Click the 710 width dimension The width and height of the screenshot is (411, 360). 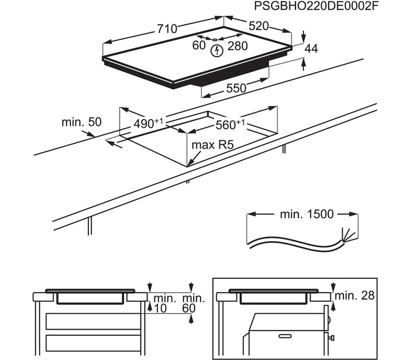[167, 29]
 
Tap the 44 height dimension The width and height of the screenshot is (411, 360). [311, 49]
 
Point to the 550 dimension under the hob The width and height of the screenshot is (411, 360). [237, 88]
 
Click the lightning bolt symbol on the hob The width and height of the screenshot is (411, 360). [217, 50]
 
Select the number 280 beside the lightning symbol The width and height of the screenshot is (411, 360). [238, 46]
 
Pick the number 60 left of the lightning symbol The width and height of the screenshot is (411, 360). [199, 45]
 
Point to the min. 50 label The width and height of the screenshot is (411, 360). [81, 122]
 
